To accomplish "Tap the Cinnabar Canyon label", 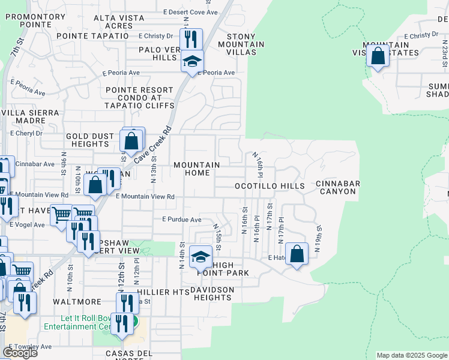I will (x=336, y=187).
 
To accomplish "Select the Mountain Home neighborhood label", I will (x=196, y=169).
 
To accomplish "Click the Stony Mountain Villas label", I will (x=241, y=44).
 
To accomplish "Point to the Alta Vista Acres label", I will (x=119, y=22).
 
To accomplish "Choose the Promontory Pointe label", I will (x=35, y=21).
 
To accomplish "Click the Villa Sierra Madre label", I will (x=31, y=116).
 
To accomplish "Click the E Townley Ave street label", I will (x=30, y=347).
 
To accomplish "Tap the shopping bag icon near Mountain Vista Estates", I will (x=378, y=58).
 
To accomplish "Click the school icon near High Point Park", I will (x=200, y=258).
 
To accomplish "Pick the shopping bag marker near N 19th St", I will (x=297, y=254).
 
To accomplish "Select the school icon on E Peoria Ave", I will (x=193, y=62).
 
